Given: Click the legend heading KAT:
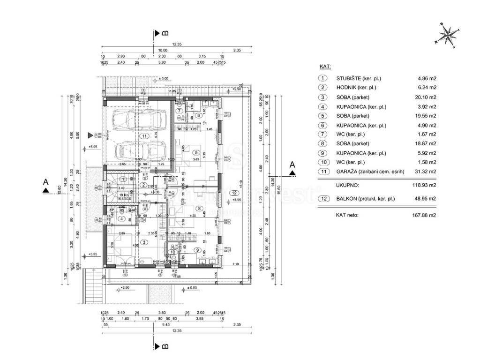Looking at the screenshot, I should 325,67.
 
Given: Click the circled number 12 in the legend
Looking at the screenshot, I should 323,199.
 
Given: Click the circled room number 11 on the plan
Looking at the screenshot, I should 143,135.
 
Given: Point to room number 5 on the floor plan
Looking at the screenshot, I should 195,151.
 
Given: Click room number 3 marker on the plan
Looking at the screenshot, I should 144,242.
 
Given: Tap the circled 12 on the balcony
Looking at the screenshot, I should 234,193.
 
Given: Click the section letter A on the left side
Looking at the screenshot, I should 45,181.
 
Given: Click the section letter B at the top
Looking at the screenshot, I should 165,33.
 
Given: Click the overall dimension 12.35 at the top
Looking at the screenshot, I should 177,44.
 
